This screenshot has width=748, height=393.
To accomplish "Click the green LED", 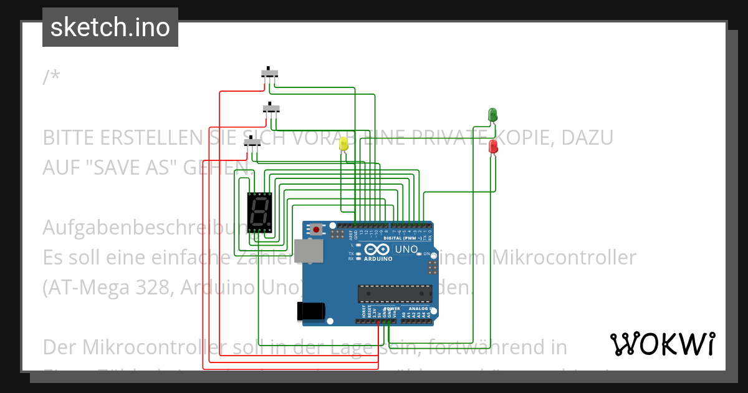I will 492,115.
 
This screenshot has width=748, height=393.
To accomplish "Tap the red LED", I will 493,147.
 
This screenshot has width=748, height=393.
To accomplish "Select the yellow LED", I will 343,144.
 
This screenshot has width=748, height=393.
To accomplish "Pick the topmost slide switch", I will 269,73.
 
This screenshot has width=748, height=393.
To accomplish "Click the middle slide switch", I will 271,108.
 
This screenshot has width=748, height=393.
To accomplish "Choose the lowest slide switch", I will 252,142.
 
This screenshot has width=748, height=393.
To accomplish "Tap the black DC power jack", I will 312,310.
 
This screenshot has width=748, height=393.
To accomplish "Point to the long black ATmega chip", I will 395,293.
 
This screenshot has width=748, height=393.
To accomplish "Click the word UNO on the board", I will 406,249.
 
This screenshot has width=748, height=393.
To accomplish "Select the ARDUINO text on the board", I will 378,258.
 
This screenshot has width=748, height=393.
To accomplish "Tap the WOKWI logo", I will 663,344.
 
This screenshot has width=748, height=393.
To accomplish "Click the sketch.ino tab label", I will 110,27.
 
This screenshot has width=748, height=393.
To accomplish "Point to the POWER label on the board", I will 391,308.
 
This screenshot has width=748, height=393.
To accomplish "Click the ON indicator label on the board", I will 426,254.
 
